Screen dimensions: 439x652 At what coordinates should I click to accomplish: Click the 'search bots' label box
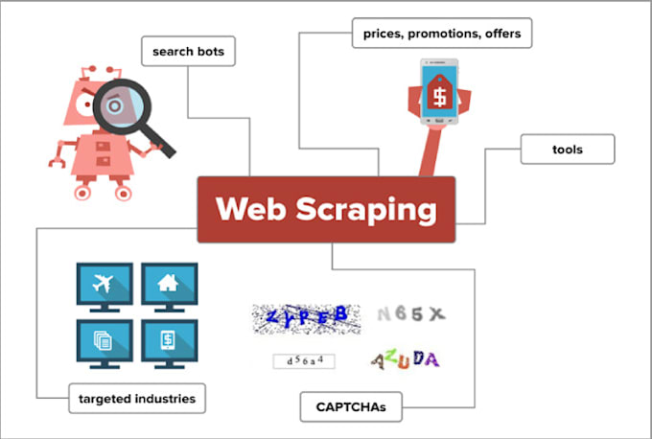pos(188,51)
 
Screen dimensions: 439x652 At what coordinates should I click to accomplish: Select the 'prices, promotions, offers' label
pos(441,35)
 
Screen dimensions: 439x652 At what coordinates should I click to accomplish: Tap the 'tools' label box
pos(567,150)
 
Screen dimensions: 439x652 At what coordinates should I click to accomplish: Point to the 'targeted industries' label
pos(137,397)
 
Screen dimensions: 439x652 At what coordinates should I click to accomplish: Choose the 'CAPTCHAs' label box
pos(350,406)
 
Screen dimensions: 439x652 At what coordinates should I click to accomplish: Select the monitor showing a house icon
pos(169,285)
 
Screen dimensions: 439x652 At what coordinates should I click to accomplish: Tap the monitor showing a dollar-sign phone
pos(169,341)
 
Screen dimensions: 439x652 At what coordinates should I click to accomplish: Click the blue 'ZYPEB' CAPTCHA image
pos(306,318)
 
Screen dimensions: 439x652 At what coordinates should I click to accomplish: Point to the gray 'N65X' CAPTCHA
pos(410,313)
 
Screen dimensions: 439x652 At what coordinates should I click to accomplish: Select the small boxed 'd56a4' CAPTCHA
pos(304,361)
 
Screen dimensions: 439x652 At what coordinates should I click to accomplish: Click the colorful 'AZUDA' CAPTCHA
pos(406,360)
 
